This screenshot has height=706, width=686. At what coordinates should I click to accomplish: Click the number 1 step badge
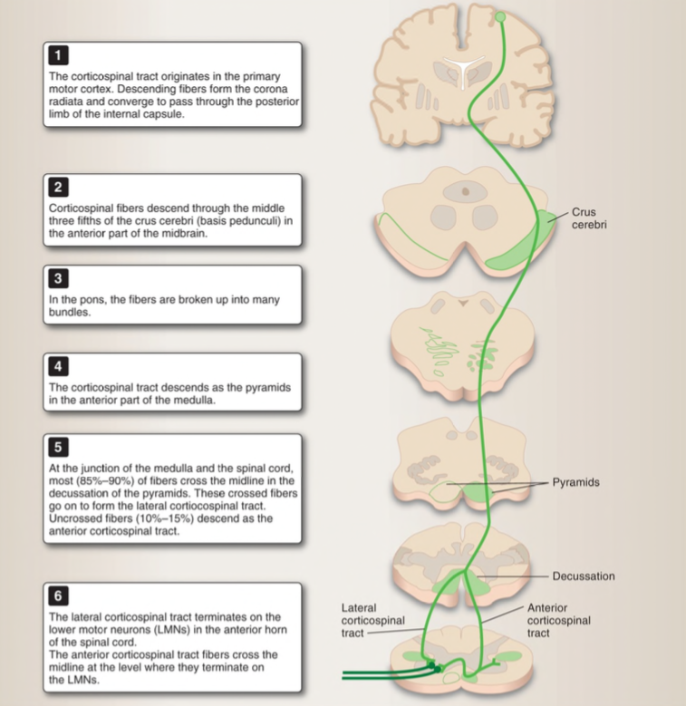tap(57, 60)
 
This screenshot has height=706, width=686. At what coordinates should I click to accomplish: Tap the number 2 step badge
tap(57, 189)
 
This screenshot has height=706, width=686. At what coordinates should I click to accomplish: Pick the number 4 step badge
tap(57, 366)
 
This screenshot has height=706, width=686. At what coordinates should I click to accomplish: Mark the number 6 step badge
tap(57, 596)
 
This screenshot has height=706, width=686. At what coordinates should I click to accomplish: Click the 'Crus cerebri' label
tap(589, 218)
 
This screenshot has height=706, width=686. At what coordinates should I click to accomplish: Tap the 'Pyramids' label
tap(576, 482)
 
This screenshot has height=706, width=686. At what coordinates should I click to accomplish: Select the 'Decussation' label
tap(584, 576)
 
